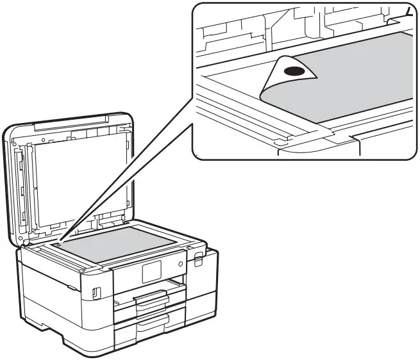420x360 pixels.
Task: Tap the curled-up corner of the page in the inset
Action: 289,74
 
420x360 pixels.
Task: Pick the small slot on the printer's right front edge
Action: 198,259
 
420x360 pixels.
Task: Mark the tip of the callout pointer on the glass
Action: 58,243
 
